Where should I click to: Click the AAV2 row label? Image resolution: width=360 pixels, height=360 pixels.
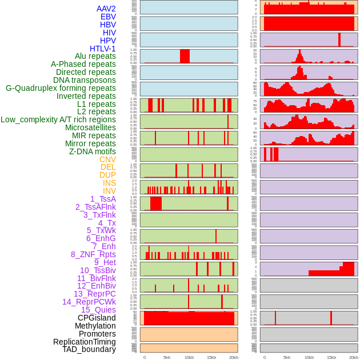point(106,9)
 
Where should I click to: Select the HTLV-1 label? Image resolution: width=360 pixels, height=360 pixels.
point(103,49)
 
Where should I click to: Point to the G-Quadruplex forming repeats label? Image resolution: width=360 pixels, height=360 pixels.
point(61,89)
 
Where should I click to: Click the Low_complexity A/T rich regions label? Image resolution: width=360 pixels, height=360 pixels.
point(58,119)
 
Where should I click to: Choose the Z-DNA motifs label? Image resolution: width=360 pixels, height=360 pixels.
point(93,151)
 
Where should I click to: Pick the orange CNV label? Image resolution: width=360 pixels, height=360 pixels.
point(107,159)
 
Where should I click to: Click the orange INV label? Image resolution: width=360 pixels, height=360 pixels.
point(109,191)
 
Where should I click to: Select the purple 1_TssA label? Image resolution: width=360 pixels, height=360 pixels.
point(103,199)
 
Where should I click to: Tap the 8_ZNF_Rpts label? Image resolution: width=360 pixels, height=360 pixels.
point(93,254)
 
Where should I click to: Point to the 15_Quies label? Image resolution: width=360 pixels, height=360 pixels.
point(98,310)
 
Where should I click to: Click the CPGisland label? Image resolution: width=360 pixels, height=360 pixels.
point(97,318)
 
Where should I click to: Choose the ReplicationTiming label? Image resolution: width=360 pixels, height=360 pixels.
point(85,342)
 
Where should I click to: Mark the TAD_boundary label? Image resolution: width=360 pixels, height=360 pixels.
point(89,349)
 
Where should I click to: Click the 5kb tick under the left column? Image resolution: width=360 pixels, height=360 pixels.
point(167,357)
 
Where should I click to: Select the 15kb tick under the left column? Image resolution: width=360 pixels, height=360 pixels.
point(211,357)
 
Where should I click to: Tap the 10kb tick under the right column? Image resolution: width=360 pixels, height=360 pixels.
point(309,357)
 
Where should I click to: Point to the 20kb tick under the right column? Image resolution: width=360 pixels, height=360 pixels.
point(354,357)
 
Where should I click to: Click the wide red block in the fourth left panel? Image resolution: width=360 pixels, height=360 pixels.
point(185,56)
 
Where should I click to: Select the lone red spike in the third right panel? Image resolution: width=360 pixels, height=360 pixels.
point(339,39)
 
